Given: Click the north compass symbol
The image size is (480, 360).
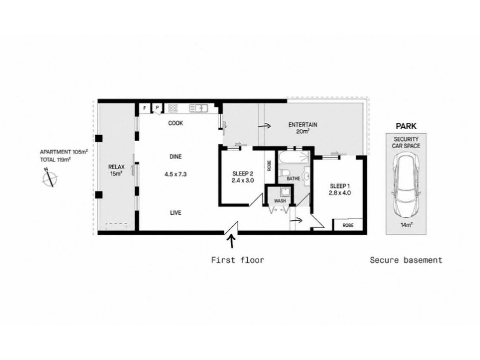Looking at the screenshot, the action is [49, 178].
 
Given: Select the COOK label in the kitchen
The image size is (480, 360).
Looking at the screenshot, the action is [176, 123].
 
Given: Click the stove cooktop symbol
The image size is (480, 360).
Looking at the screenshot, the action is [173, 108].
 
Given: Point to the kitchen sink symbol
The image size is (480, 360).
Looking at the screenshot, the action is [199, 108].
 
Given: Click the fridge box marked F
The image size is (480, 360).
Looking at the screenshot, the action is [145, 108].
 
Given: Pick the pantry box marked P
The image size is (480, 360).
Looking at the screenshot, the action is [157, 108].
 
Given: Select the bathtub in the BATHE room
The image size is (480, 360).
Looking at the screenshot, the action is [294, 157].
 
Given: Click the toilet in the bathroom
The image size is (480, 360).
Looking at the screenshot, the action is [283, 172].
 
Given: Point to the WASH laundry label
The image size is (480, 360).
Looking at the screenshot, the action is [280, 201].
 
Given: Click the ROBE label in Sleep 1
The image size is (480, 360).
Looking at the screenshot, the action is [348, 226].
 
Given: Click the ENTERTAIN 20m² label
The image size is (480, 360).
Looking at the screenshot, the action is [303, 128].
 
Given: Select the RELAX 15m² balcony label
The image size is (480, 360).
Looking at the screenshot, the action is [116, 170].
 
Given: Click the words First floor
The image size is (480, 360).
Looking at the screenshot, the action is [238, 260].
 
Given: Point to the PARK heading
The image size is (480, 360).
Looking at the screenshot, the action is [406, 126].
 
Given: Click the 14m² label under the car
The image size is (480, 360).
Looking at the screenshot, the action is [406, 225].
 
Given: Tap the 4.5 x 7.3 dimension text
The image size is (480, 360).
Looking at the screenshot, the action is [176, 174].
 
